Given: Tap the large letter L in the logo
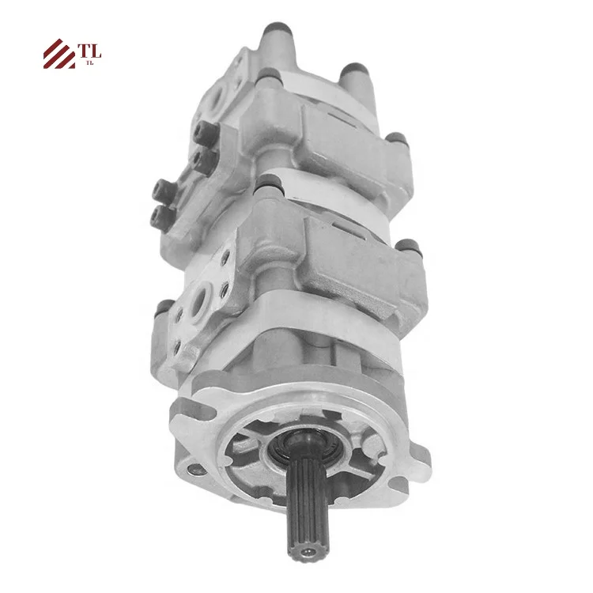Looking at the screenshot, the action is [96, 51].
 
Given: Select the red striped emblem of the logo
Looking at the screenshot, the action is [59, 54].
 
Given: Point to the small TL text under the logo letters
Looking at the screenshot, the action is [89, 63].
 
